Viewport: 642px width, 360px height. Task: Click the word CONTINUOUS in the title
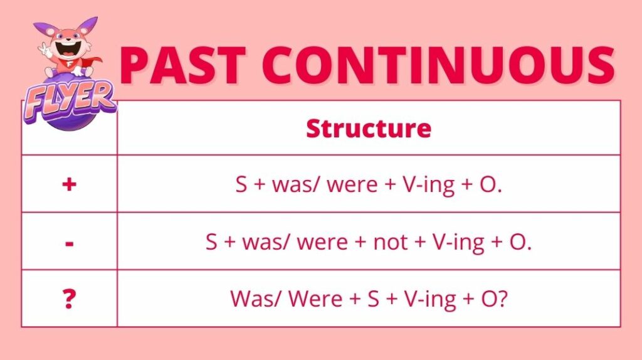point(438,65)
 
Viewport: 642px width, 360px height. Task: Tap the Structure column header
point(369,128)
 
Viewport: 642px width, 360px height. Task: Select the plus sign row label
point(69,184)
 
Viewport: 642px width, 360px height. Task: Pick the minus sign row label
point(70,244)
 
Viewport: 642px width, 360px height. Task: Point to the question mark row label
point(69,299)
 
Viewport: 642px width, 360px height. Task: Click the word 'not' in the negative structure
point(390,241)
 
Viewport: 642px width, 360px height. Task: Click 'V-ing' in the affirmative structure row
point(429,185)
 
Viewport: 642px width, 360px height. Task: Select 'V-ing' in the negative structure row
point(458,243)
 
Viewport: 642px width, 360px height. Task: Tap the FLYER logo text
point(70,100)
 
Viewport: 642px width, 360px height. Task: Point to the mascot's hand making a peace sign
point(45,50)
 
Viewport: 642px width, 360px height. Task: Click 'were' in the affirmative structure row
point(352,185)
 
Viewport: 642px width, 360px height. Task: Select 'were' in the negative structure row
point(322,242)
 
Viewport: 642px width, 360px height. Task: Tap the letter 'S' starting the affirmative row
point(241,184)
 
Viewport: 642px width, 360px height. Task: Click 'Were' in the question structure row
point(315,299)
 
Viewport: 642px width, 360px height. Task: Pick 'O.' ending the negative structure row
point(520,241)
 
